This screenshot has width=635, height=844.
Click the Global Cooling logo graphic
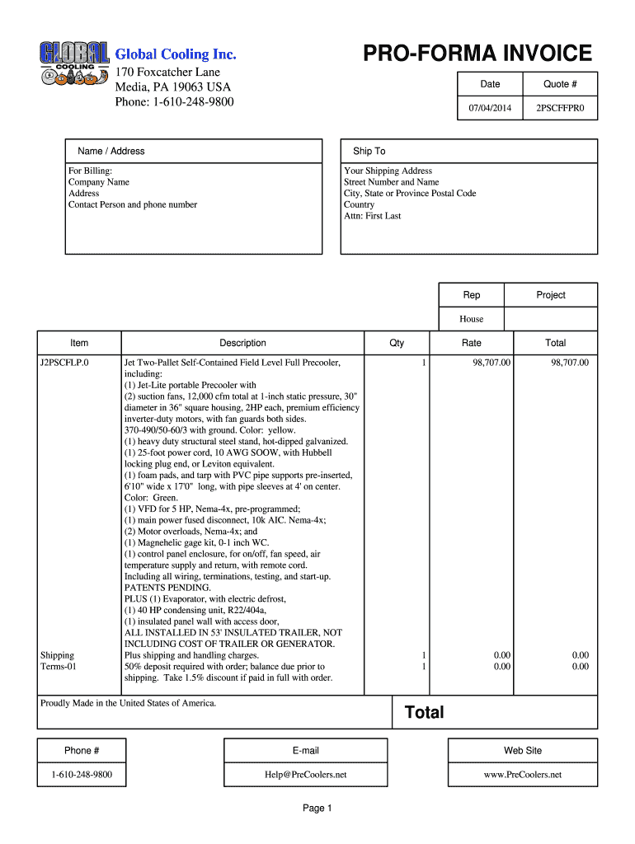click(73, 64)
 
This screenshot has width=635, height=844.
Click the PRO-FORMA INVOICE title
click(477, 54)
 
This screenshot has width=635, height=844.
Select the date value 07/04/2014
click(490, 108)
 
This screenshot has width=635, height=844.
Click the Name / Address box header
click(111, 151)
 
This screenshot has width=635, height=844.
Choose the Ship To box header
click(369, 151)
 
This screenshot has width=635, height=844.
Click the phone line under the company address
click(174, 101)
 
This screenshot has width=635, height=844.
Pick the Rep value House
click(471, 319)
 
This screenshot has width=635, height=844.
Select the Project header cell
click(550, 295)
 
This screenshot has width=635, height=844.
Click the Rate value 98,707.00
click(492, 362)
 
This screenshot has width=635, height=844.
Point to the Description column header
click(242, 343)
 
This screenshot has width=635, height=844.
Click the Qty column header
click(397, 343)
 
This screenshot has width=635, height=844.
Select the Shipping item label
click(57, 655)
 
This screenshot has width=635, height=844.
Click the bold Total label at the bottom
click(424, 713)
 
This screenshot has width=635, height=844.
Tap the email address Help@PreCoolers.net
click(305, 775)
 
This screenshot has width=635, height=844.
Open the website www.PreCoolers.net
click(522, 775)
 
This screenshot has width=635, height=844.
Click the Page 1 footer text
click(317, 809)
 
